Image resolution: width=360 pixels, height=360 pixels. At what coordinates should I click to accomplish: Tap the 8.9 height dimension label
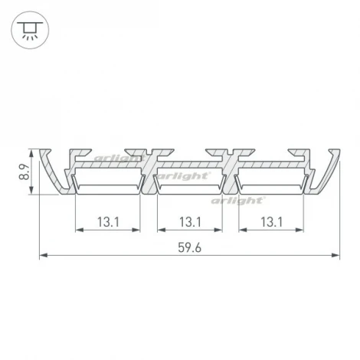click(22, 170)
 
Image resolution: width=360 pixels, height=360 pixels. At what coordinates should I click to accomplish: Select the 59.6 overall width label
click(189, 248)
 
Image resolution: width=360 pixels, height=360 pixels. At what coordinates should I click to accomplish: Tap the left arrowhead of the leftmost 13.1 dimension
click(78, 230)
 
